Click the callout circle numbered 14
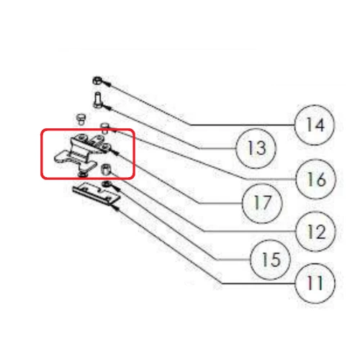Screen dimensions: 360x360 pos(314,125)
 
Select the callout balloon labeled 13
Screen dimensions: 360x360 pos(256,148)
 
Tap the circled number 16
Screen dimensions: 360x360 pos(315,179)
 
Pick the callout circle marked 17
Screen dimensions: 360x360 pos(262,203)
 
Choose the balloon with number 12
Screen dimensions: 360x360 pos(315,231)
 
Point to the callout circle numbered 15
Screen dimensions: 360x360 pos(270,260)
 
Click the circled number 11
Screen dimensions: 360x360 pos(315,284)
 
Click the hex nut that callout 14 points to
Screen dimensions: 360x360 pos(97,81)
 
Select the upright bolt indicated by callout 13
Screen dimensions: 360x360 pos(97,100)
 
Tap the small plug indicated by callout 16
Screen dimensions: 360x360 pos(105,128)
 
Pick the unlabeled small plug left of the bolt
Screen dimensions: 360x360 pos(81,120)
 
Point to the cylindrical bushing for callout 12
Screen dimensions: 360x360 pos(106,169)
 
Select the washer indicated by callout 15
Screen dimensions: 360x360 pos(106,184)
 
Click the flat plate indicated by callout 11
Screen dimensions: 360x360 pos(96,194)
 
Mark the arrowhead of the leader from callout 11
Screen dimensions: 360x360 pos(115,208)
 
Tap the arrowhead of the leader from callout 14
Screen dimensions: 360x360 pos(107,84)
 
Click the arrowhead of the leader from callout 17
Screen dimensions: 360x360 pos(115,153)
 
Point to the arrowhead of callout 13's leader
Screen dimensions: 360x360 pos(107,107)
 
